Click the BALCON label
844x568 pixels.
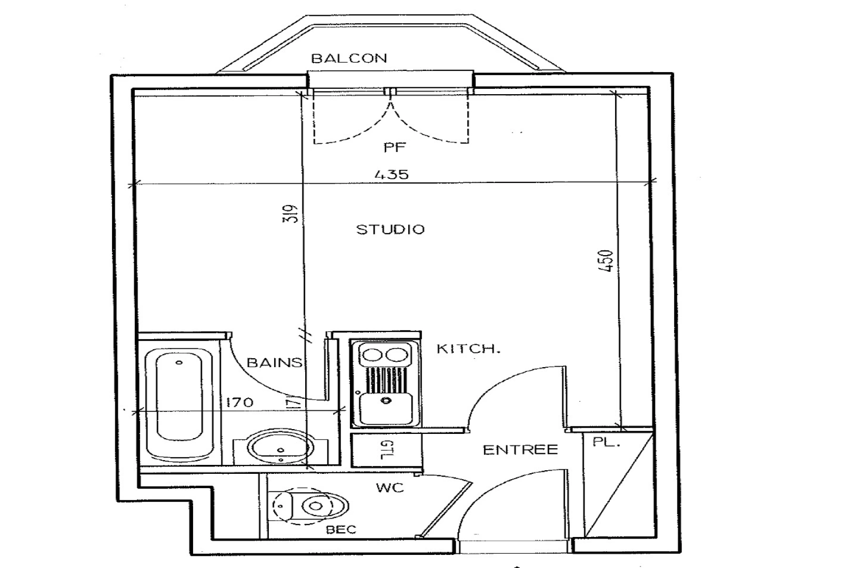(x=349, y=58)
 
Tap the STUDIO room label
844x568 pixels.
(x=390, y=229)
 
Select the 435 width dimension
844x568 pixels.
(x=391, y=174)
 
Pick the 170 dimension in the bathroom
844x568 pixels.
(x=239, y=402)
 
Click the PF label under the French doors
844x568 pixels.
(x=395, y=147)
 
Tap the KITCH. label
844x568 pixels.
(x=468, y=349)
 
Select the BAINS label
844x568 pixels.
(x=274, y=362)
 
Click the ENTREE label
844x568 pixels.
(x=520, y=450)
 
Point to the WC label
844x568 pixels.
(x=390, y=488)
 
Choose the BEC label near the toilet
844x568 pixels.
(x=341, y=530)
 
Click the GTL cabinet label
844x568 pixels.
(x=386, y=449)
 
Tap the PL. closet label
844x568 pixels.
(x=607, y=442)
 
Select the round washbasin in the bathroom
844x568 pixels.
(x=280, y=449)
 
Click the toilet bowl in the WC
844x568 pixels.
(x=315, y=506)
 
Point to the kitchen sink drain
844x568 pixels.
(x=387, y=400)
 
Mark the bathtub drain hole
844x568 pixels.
(x=179, y=362)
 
